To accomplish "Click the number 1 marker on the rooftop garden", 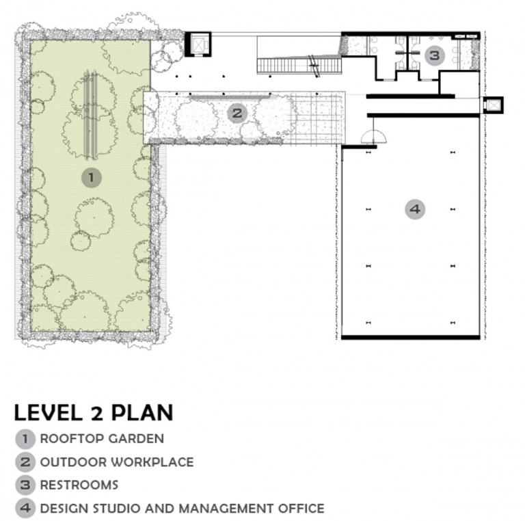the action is (92, 177).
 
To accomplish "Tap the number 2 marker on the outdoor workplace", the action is (237, 113).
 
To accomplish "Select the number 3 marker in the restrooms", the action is (435, 55).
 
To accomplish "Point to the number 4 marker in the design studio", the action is (415, 209).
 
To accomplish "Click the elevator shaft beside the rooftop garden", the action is (198, 44).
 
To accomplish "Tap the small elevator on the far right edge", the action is (492, 105).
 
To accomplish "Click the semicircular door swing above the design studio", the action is (373, 136).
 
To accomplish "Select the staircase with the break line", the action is (299, 66).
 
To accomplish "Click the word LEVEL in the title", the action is (49, 412).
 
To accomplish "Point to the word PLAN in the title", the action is (142, 412).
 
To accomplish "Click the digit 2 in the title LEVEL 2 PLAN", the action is (97, 413).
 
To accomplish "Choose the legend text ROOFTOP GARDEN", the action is (102, 439).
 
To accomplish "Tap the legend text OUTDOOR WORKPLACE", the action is (117, 462).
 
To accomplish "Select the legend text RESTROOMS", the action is (79, 485).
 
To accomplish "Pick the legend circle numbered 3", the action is (25, 485).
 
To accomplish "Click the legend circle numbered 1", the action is (25, 439).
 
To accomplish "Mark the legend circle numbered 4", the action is (25, 508).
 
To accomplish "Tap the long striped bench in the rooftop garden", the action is (90, 114).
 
